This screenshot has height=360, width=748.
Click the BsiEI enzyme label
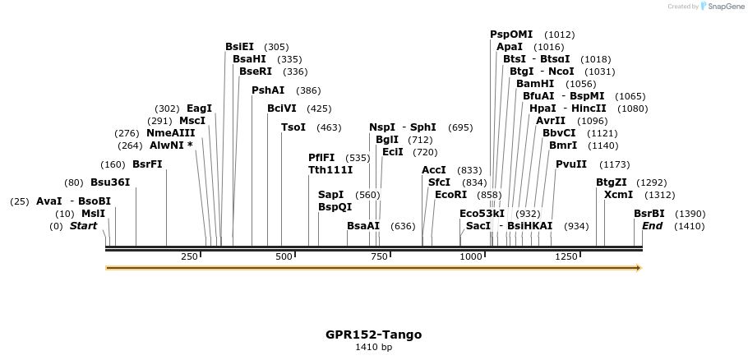coord(239,47)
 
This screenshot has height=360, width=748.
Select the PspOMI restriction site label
coord(511,35)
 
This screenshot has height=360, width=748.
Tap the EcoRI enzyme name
coord(450,195)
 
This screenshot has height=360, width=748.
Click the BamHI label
coord(535,84)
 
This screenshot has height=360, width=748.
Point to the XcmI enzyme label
coord(618,195)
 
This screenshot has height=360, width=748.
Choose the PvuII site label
coord(571,164)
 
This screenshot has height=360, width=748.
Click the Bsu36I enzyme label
coord(110,182)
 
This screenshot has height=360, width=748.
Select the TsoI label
coord(293,127)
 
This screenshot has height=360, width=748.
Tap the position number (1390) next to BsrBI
coord(690,214)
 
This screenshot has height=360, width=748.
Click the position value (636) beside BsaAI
coord(403,226)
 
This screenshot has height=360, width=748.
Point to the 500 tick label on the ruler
coord(284,257)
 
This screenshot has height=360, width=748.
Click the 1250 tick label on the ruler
coord(566,257)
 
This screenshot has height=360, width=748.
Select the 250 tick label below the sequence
coord(189,257)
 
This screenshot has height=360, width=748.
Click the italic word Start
coord(83,226)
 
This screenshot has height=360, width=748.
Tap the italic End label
coord(652,226)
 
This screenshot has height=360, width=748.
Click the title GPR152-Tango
coord(373,335)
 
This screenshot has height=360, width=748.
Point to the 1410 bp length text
coord(373,348)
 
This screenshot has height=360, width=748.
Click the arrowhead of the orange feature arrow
coord(638,268)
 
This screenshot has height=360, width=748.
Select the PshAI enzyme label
coord(268,90)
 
